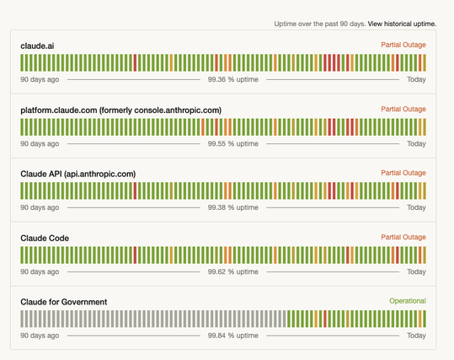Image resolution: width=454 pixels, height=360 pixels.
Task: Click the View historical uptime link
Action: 402,24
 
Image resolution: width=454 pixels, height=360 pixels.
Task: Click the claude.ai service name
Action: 37,46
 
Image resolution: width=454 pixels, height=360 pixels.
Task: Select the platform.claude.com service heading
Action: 120,110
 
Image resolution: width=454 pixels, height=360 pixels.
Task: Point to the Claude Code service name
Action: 45,238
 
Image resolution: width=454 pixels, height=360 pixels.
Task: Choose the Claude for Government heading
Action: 63,302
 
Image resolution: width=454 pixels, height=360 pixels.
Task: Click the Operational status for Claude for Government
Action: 407,301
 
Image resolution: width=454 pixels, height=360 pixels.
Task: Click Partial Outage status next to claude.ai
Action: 403,45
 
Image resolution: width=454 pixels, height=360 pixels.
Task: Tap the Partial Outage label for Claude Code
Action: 403,237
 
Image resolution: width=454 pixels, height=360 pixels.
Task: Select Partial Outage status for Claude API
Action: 403,173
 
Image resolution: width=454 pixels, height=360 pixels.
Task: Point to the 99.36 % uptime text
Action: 232,79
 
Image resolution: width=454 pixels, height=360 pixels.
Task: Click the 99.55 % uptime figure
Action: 232,143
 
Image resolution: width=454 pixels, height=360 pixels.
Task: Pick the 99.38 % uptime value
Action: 232,207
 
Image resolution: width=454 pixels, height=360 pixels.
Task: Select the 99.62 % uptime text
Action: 232,271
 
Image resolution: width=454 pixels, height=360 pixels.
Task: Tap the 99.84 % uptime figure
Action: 232,336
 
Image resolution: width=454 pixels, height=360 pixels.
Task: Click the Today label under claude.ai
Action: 416,79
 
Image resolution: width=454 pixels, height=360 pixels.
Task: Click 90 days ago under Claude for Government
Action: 40,336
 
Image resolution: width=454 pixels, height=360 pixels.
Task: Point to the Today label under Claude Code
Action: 416,271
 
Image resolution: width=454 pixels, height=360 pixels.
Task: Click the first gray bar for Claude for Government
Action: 23,319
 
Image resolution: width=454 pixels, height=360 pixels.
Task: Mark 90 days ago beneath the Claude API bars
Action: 40,207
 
